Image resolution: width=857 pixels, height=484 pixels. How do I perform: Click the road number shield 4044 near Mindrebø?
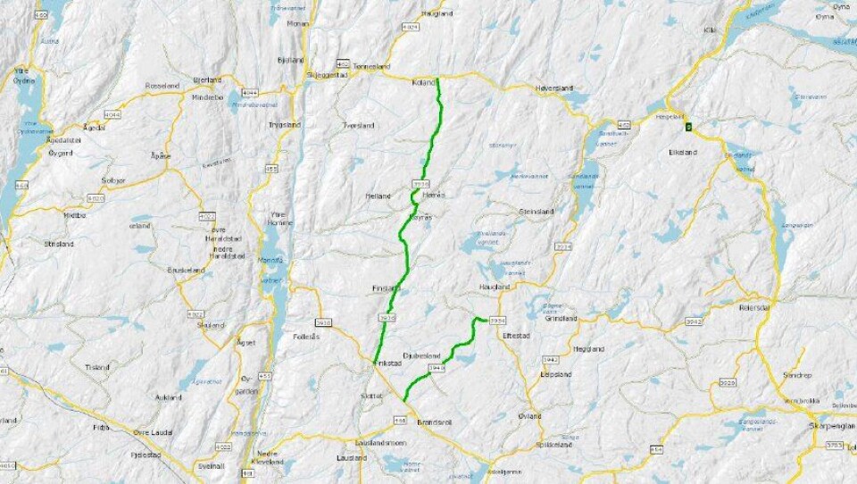coord(249,92)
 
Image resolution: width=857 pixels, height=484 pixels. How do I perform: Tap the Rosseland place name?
coord(162,85)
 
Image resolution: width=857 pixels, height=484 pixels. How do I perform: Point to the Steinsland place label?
coord(537,212)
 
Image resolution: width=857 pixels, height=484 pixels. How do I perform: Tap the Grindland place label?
coord(562,318)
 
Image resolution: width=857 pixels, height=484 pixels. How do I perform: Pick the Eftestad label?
coord(517,335)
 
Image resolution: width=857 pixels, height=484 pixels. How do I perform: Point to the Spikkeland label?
coord(553,444)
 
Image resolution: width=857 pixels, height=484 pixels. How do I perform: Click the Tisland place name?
coord(96,366)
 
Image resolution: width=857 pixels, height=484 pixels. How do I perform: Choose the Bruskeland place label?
coord(187,269)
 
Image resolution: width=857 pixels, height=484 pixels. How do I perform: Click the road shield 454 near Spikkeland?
coord(657,449)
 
